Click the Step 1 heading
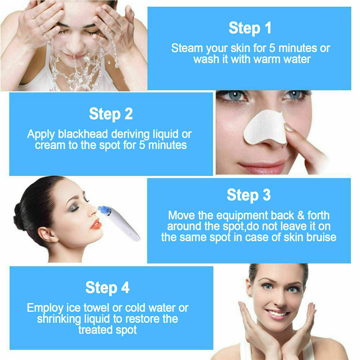tap(250, 28)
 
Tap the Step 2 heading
tap(111, 114)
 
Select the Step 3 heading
tap(249, 195)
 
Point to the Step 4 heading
tap(107, 288)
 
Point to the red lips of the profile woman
tap(96, 224)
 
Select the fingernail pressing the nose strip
tap(289, 128)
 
